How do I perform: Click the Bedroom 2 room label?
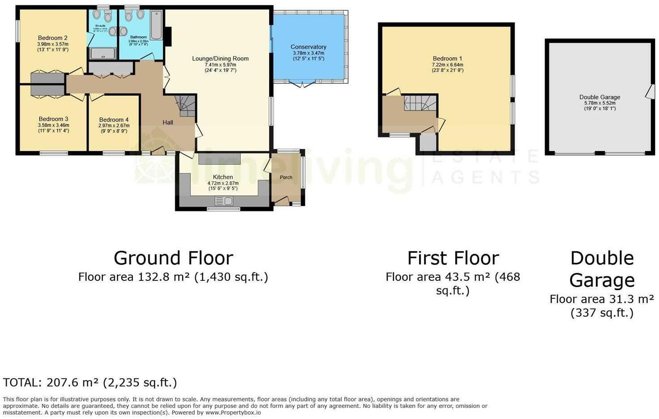[x=53, y=38]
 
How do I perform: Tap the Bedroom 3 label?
[x=53, y=119]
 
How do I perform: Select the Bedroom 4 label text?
[x=114, y=120]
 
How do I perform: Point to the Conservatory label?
[x=308, y=47]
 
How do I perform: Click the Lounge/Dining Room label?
[x=220, y=59]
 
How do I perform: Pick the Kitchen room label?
[x=223, y=177]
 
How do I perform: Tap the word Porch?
[x=286, y=178]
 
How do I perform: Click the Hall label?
[x=168, y=123]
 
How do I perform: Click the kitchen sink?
[x=223, y=202]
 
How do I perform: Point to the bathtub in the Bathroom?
[x=156, y=25]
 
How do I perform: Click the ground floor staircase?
[x=185, y=106]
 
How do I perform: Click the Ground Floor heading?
[x=173, y=258]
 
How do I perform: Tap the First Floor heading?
[x=453, y=258]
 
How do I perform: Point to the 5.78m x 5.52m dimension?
[x=599, y=103]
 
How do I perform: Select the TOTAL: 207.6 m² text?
[x=90, y=382]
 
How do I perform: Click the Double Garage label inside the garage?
[x=599, y=97]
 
